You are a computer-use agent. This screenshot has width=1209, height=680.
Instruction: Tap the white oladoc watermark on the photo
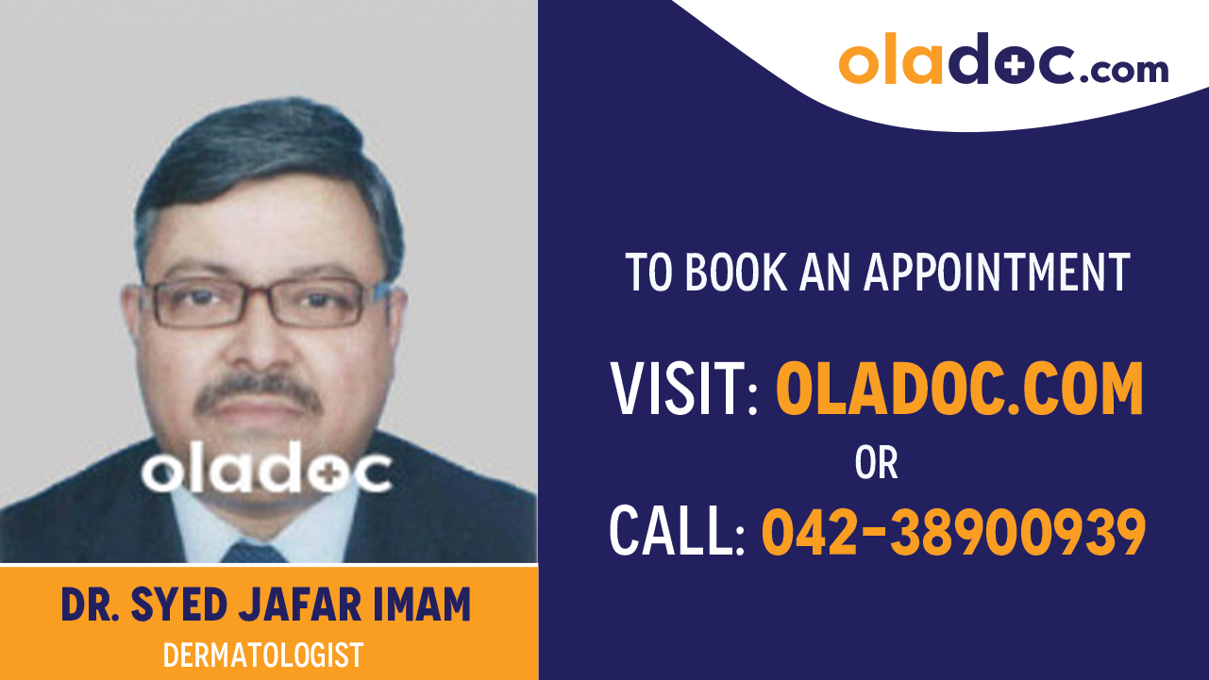coord(267,472)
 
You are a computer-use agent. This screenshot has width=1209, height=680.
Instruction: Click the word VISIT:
coord(685,389)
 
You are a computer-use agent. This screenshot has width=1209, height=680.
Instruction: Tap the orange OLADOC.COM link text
coord(959,389)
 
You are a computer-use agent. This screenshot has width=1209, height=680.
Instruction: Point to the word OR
coord(876,462)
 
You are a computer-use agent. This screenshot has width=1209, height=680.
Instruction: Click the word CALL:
coord(678,530)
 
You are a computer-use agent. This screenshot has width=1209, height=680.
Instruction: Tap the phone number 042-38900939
coord(953,530)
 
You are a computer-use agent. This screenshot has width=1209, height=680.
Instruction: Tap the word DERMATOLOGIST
coord(262,655)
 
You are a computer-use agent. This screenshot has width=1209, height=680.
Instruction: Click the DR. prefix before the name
coord(91,605)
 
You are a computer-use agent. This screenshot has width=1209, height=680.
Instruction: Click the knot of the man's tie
coord(253,553)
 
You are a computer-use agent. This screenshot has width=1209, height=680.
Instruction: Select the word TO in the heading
coord(649,272)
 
